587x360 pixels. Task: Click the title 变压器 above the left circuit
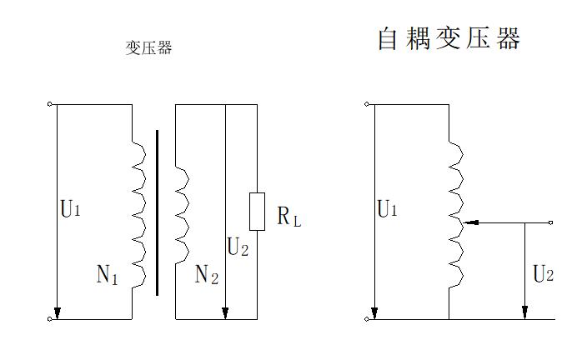tap(148, 47)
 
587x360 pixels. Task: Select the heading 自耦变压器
tap(449, 38)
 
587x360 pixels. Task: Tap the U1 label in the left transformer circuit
tap(71, 209)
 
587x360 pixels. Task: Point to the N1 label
tap(108, 276)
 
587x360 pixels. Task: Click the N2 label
tap(206, 275)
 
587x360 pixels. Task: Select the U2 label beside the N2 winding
tap(238, 247)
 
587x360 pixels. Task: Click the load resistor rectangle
tap(258, 211)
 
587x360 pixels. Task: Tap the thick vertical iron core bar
tap(157, 212)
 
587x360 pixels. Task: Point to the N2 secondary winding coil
tap(181, 212)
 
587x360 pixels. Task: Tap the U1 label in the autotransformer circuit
tap(387, 209)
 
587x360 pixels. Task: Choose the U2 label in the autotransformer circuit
tap(543, 275)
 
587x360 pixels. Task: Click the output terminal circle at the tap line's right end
tap(551, 223)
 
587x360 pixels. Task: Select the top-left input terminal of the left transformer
tap(51, 104)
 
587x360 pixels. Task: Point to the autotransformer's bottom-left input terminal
tap(367, 319)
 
